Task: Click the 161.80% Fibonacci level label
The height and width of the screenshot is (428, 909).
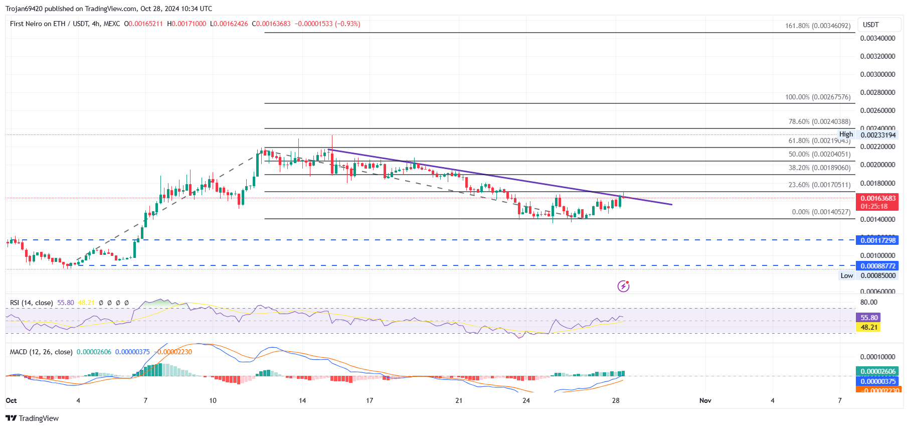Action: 817,26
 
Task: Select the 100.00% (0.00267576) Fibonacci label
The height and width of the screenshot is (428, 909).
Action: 817,97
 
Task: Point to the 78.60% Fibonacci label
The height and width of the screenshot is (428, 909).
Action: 819,121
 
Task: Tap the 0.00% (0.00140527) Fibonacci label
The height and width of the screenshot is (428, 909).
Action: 821,212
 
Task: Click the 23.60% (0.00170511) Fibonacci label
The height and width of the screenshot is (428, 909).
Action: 819,185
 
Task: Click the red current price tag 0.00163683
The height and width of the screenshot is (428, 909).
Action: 878,198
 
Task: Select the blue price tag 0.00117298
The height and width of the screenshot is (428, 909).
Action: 878,240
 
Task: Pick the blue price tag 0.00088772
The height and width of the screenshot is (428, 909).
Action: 878,266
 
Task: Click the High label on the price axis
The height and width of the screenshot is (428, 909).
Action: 846,134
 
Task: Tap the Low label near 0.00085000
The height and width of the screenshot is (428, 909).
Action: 846,275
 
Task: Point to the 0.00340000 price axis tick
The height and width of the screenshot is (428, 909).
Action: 877,38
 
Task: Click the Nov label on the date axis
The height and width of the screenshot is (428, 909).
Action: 705,400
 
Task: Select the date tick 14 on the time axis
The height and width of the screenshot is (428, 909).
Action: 302,400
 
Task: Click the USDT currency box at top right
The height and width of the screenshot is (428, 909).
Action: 871,25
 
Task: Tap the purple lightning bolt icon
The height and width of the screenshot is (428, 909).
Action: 623,286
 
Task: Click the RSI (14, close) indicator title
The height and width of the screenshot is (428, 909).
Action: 31,303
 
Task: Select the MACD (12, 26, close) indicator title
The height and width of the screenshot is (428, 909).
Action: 41,352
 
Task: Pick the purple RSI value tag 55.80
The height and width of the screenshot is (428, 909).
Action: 869,318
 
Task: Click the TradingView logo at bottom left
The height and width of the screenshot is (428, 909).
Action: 32,418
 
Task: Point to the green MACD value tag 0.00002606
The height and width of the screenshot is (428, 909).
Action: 878,371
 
